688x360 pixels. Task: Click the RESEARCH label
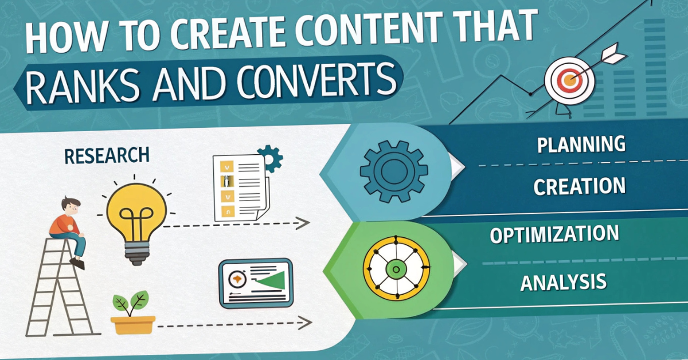(x=107, y=155)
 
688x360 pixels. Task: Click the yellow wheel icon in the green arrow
(x=394, y=268)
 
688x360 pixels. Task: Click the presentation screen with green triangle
(x=254, y=283)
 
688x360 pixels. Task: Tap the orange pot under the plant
(x=133, y=324)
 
